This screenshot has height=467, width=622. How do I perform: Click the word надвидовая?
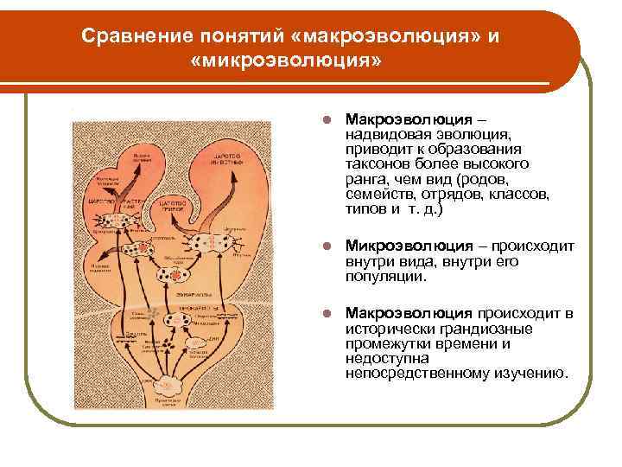(384, 134)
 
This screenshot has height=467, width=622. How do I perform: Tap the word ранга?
(365, 179)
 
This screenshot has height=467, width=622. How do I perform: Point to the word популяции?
(385, 277)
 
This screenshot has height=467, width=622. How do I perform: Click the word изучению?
(534, 374)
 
